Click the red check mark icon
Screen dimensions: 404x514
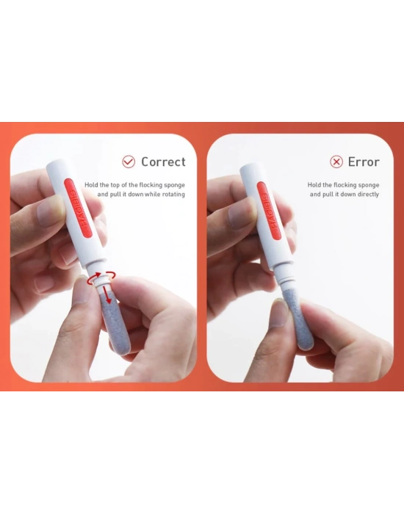click(129, 162)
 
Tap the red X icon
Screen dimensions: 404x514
click(336, 162)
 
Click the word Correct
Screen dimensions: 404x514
click(163, 162)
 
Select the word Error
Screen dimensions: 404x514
click(364, 162)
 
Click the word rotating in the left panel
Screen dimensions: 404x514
click(173, 194)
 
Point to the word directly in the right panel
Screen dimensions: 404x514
click(369, 194)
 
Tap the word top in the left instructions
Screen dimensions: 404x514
click(115, 185)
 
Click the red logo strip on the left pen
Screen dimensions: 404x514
click(78, 208)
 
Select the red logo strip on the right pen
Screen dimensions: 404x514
click(270, 209)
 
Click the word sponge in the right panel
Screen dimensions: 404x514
click(369, 185)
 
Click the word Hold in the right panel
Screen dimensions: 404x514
click(314, 185)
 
